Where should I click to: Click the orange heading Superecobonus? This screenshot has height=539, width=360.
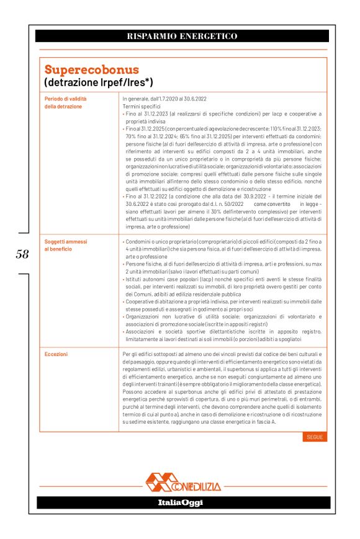[91, 69]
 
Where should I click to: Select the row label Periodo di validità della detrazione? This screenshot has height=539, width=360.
[65, 102]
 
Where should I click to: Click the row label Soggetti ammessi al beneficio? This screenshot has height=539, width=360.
[66, 244]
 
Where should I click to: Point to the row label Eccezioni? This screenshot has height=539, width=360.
[57, 354]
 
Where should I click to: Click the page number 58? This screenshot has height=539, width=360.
[22, 254]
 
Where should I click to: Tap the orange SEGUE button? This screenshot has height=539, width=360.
[315, 437]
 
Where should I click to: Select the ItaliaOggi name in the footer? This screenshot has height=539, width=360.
[180, 502]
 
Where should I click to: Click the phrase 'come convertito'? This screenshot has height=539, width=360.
[271, 203]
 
